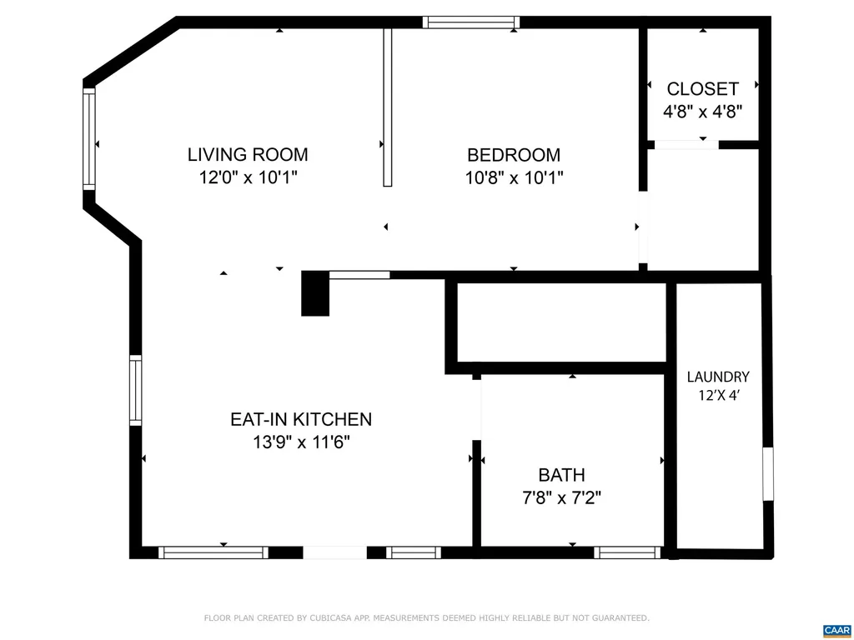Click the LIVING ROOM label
click(x=248, y=154)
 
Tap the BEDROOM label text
click(x=514, y=154)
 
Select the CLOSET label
click(x=702, y=88)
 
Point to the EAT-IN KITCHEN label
click(x=301, y=419)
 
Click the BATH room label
click(x=561, y=475)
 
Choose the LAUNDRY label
click(x=718, y=377)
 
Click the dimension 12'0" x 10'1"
click(x=248, y=177)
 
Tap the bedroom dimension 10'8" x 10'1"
click(x=514, y=177)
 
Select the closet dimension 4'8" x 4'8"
click(x=702, y=111)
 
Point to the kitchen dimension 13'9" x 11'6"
click(x=301, y=442)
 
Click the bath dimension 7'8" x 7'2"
click(x=561, y=498)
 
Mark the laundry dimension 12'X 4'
click(x=718, y=396)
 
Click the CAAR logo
click(x=835, y=630)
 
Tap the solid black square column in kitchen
click(x=315, y=293)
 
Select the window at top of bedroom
click(x=471, y=22)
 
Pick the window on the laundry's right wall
click(x=768, y=474)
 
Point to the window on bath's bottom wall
click(x=627, y=552)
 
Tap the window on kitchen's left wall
click(x=135, y=390)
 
